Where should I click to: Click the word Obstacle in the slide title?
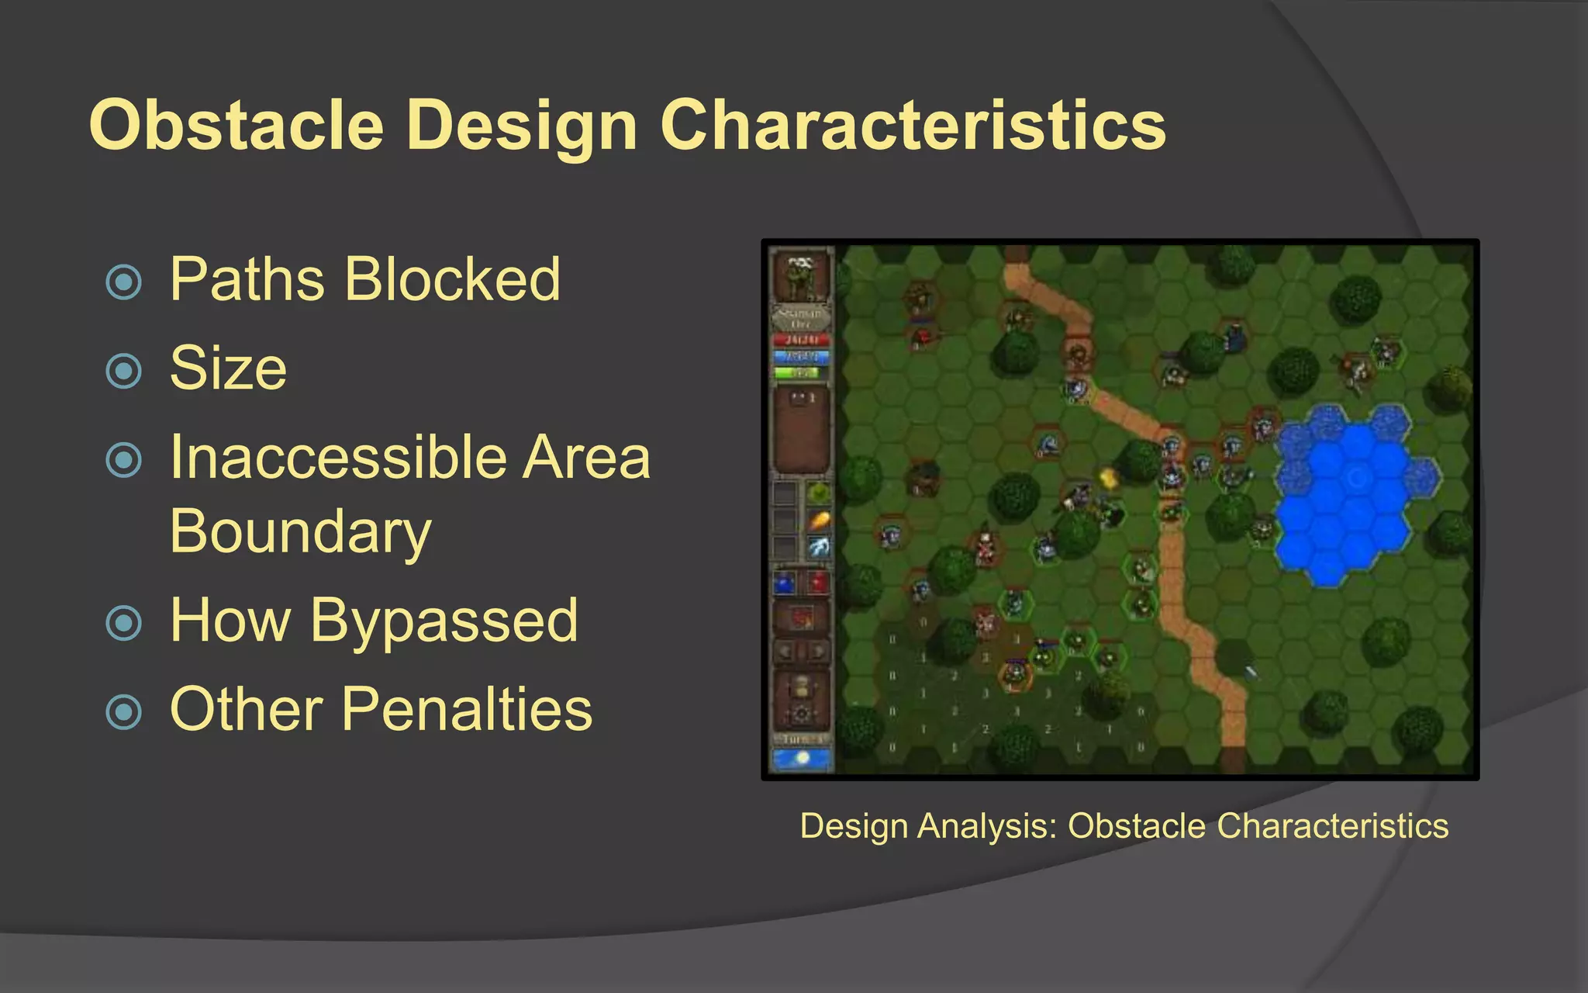(236, 126)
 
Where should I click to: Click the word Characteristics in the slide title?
(913, 126)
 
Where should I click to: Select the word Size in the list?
(228, 368)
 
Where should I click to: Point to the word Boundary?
(300, 532)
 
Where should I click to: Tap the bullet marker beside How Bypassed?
(124, 622)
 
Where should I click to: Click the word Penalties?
(467, 710)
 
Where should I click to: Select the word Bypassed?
(444, 621)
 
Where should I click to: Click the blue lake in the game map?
(1349, 496)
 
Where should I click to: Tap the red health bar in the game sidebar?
(801, 340)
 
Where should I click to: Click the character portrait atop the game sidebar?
(801, 275)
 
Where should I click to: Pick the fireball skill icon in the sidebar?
(819, 520)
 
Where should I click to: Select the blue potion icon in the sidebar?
(785, 583)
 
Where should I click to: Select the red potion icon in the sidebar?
(818, 583)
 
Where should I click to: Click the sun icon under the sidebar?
(802, 758)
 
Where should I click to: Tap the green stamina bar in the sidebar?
(801, 373)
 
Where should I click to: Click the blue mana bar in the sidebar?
(801, 357)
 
